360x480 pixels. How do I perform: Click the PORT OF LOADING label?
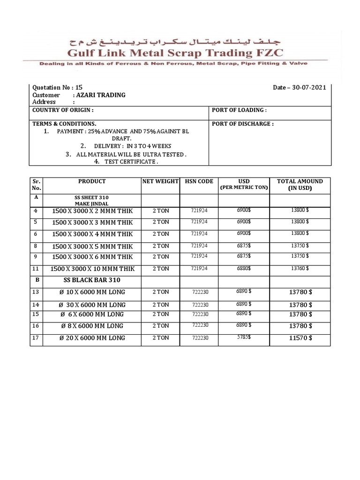pos(239,110)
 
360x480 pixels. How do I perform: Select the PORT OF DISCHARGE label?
pos(243,124)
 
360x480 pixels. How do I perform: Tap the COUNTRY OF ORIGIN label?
pos(62,110)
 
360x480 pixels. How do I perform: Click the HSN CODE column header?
pos(198,181)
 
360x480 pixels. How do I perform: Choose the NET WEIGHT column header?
pos(160,181)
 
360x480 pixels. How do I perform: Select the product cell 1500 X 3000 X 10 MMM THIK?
pos(92,269)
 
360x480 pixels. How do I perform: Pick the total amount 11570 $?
pos(300,337)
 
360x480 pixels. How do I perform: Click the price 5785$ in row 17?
pos(243,337)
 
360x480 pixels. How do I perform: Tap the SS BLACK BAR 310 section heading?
pos(92,280)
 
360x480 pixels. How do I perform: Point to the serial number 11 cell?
pos(36,269)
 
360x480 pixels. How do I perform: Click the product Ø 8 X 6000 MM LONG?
pos(91,326)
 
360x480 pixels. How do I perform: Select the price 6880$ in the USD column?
pos(243,269)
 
